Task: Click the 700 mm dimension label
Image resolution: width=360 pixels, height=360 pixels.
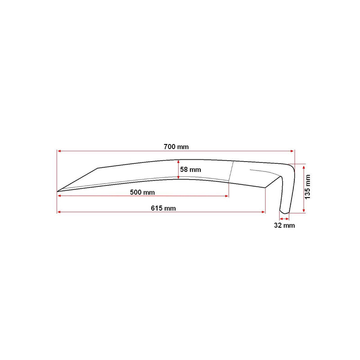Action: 176,147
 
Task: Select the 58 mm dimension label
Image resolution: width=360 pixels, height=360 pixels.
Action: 190,170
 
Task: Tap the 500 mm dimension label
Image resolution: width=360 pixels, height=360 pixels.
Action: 142,192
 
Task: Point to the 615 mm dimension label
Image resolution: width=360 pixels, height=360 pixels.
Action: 163,208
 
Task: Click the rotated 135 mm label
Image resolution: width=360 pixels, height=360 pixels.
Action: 308,187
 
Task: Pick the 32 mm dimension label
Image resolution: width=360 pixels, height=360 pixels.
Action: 284,225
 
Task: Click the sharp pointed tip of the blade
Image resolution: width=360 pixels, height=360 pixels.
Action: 57,191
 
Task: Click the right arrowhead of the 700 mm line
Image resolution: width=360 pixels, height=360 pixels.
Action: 292,151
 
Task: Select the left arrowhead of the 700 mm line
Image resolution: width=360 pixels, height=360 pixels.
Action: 59,151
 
